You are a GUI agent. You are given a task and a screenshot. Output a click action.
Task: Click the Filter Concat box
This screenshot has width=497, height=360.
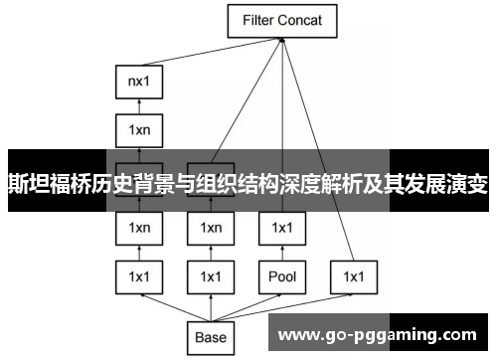283,20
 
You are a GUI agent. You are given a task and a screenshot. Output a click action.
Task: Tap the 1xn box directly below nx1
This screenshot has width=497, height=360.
139,129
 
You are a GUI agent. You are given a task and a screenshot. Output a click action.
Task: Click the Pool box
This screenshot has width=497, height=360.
283,275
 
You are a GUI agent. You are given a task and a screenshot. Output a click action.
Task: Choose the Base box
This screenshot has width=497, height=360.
211,337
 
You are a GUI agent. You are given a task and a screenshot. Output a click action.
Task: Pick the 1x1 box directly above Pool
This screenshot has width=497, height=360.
283,228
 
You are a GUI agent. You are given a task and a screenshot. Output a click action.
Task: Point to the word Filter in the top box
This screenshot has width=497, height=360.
254,20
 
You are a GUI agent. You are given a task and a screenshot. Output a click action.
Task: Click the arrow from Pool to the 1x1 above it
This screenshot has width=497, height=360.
283,252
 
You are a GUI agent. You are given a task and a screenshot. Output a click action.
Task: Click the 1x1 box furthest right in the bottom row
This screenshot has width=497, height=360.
355,275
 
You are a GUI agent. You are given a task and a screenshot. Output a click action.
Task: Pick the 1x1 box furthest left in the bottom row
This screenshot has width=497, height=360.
139,275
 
